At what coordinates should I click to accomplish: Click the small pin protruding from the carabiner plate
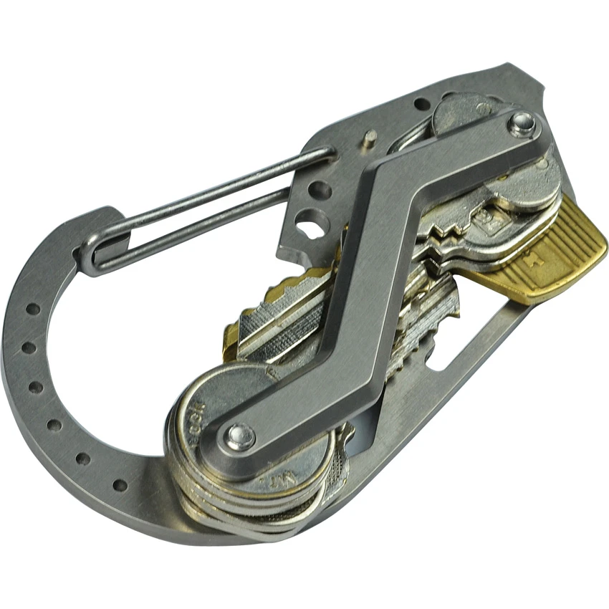coord(369,138)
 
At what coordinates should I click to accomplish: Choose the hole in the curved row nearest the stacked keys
coord(120,485)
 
